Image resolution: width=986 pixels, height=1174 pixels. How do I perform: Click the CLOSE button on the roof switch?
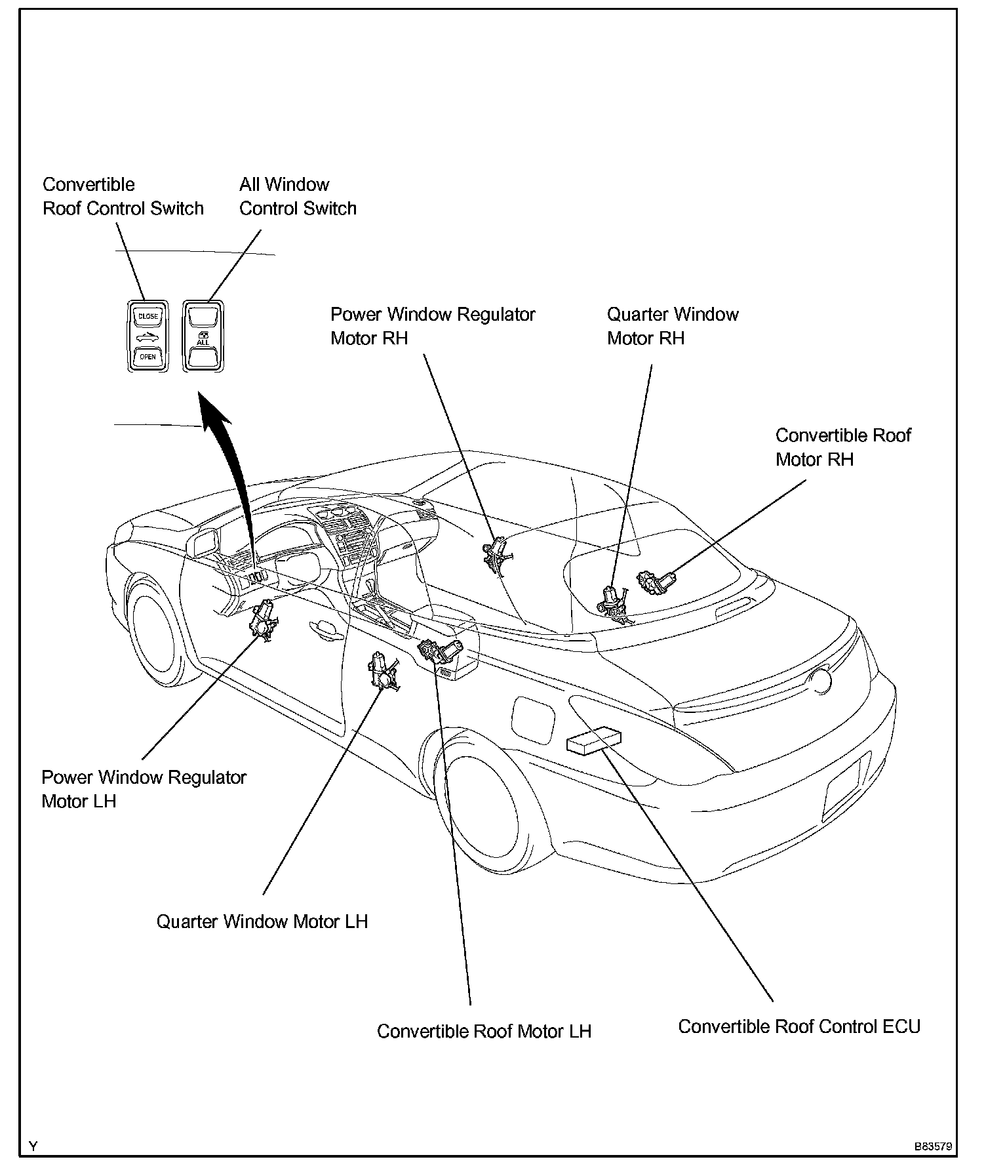[x=148, y=316]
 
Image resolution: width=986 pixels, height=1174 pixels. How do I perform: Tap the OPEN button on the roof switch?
[x=148, y=357]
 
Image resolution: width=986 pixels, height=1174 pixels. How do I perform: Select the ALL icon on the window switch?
[x=203, y=338]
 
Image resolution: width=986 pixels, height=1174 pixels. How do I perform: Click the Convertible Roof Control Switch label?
[x=123, y=196]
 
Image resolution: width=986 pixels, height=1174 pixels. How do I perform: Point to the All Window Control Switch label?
[x=298, y=196]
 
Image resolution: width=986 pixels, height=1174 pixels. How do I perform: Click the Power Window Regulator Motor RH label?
[x=433, y=326]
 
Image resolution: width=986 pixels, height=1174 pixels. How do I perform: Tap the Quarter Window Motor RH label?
[x=673, y=326]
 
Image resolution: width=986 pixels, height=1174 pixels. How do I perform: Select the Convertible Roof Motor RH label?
[x=843, y=447]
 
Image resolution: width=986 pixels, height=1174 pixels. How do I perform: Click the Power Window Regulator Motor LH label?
[x=144, y=789]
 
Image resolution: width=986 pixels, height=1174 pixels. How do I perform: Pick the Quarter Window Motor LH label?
[x=262, y=921]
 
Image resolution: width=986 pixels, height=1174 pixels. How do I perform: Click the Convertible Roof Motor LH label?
[x=484, y=1032]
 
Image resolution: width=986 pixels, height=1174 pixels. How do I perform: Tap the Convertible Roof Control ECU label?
[x=799, y=1026]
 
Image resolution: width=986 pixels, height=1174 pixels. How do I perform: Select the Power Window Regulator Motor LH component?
[x=264, y=620]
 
